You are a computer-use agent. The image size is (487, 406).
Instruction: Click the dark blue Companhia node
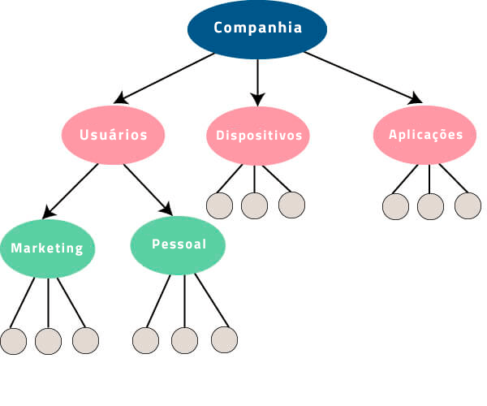(257, 28)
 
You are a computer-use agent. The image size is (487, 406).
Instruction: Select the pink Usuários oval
(114, 135)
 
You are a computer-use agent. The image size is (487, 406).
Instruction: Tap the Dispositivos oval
(258, 135)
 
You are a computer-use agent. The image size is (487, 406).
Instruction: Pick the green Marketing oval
(47, 248)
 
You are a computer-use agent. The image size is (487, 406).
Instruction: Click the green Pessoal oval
(179, 244)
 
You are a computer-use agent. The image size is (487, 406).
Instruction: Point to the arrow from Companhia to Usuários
(166, 78)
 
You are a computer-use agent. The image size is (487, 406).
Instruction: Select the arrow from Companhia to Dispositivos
(257, 81)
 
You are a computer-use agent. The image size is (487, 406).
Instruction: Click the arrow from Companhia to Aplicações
(361, 79)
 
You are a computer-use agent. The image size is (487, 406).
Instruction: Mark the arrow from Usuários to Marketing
(71, 191)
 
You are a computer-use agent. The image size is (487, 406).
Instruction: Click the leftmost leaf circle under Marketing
(14, 340)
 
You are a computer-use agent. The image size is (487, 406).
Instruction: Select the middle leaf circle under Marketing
(49, 340)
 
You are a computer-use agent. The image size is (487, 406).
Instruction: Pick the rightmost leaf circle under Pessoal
(224, 339)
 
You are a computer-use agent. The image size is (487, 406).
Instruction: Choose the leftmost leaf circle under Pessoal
(145, 339)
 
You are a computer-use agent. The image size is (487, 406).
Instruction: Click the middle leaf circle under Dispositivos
(254, 205)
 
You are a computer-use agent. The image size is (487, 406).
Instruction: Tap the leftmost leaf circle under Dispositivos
(219, 205)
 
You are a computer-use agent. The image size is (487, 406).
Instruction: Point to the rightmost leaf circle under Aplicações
(468, 205)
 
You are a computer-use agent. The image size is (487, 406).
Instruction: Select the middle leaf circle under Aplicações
(431, 205)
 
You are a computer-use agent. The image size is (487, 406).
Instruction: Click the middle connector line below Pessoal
(184, 300)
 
